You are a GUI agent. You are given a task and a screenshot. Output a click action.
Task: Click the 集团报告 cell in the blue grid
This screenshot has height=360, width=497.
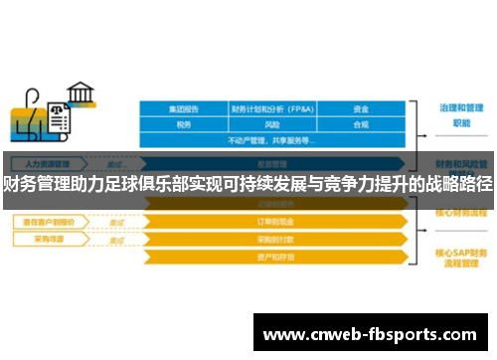(184, 108)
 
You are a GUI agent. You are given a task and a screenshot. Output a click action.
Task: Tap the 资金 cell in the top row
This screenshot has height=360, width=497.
(362, 108)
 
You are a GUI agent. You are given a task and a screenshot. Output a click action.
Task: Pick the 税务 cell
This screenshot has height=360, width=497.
(184, 124)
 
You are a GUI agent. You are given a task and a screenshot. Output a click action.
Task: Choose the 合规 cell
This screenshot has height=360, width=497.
(362, 124)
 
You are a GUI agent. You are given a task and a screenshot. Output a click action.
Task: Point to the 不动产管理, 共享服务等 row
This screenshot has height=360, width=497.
(273, 140)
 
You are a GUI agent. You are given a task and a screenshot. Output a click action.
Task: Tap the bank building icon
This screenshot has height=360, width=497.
(81, 93)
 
